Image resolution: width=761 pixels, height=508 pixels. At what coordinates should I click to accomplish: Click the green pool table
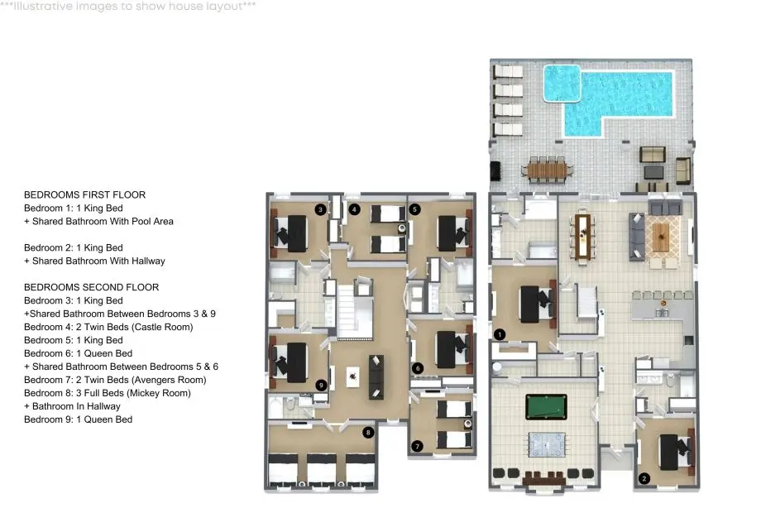pyautogui.click(x=546, y=407)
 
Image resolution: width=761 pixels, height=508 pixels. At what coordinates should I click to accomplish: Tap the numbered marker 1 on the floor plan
pyautogui.click(x=500, y=334)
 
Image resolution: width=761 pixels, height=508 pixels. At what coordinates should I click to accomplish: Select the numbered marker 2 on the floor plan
pyautogui.click(x=644, y=478)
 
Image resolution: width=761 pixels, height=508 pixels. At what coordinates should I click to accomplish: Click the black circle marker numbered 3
pyautogui.click(x=320, y=210)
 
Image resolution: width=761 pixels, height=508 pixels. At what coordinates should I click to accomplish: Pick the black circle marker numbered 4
pyautogui.click(x=354, y=210)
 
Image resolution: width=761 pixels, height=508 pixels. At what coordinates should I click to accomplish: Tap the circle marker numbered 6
pyautogui.click(x=418, y=368)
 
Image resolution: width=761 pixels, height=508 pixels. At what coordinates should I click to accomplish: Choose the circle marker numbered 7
pyautogui.click(x=417, y=446)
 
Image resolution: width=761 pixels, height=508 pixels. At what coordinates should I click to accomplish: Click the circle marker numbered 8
pyautogui.click(x=368, y=432)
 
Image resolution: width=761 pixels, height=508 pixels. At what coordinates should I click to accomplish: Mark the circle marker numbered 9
pyautogui.click(x=321, y=385)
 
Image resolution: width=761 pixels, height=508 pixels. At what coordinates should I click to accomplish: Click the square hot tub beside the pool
pyautogui.click(x=562, y=84)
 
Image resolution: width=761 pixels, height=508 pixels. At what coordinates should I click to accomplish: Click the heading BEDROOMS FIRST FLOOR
pyautogui.click(x=85, y=194)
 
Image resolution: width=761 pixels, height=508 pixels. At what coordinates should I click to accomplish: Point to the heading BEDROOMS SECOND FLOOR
pyautogui.click(x=91, y=287)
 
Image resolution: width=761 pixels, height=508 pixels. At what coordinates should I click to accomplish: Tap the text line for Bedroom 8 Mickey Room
pyautogui.click(x=108, y=393)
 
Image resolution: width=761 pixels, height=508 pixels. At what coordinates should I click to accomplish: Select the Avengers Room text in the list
pyautogui.click(x=169, y=380)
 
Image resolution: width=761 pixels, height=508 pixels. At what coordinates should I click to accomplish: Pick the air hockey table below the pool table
pyautogui.click(x=547, y=444)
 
